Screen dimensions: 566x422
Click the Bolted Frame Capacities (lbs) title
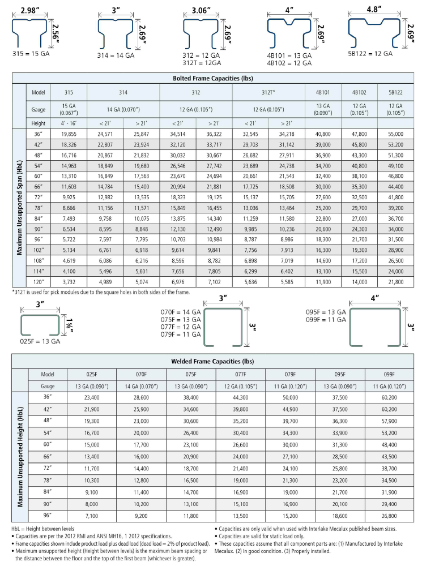click(211, 78)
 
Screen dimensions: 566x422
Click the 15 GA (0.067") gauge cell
click(69, 108)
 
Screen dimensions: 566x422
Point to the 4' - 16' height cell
click(69, 123)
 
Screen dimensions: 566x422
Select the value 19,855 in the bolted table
click(69, 134)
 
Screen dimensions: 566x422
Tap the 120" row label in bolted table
click(39, 282)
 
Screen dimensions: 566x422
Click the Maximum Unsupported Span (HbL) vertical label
click(19, 208)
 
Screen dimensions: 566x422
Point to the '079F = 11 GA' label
click(181, 335)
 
